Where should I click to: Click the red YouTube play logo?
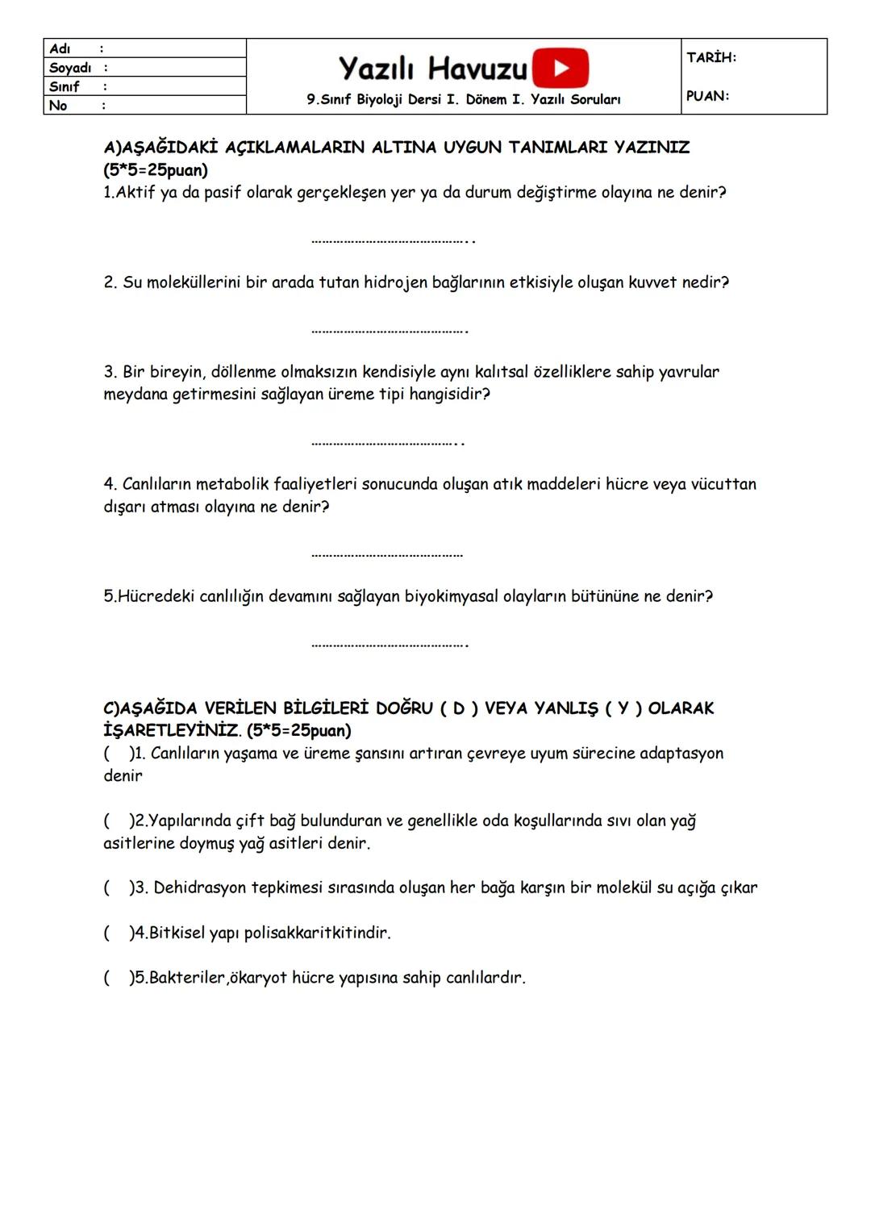click(x=561, y=68)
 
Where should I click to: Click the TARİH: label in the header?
click(x=711, y=57)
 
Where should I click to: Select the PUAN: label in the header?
click(x=707, y=96)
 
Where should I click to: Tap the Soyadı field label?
click(x=70, y=68)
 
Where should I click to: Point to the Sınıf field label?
click(x=65, y=86)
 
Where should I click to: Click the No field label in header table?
click(x=58, y=105)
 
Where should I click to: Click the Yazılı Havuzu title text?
click(x=433, y=69)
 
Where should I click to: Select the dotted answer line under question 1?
click(x=392, y=240)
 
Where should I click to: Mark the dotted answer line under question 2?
click(x=390, y=330)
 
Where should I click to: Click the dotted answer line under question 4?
click(x=387, y=555)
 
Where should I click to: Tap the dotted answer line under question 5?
click(x=390, y=645)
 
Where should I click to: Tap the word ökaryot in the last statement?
click(x=258, y=978)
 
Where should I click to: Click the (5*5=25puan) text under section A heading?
click(x=156, y=170)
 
